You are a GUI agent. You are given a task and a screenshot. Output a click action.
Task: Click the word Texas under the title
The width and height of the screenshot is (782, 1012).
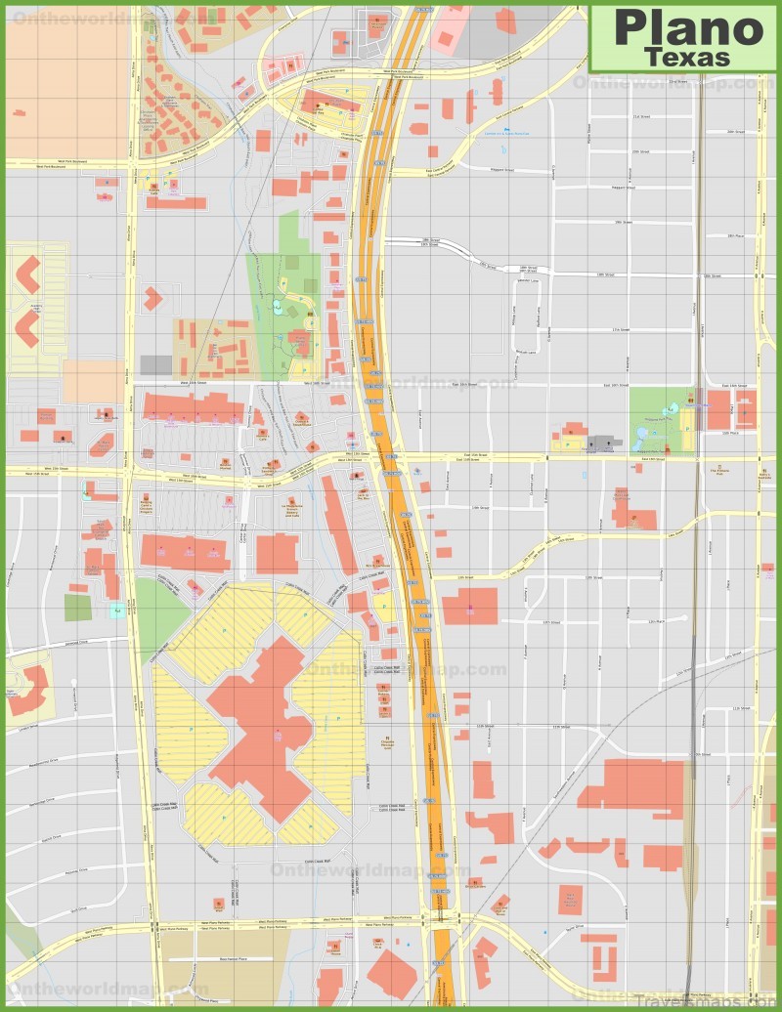(688, 58)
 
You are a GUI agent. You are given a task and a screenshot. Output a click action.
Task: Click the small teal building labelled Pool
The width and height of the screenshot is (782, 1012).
(118, 611)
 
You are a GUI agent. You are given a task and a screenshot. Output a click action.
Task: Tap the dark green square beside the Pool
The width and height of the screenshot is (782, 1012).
(78, 608)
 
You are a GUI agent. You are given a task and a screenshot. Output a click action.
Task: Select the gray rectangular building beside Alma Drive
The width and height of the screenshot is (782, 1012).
(155, 365)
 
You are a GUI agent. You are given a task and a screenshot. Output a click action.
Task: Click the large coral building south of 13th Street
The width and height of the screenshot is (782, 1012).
(469, 606)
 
